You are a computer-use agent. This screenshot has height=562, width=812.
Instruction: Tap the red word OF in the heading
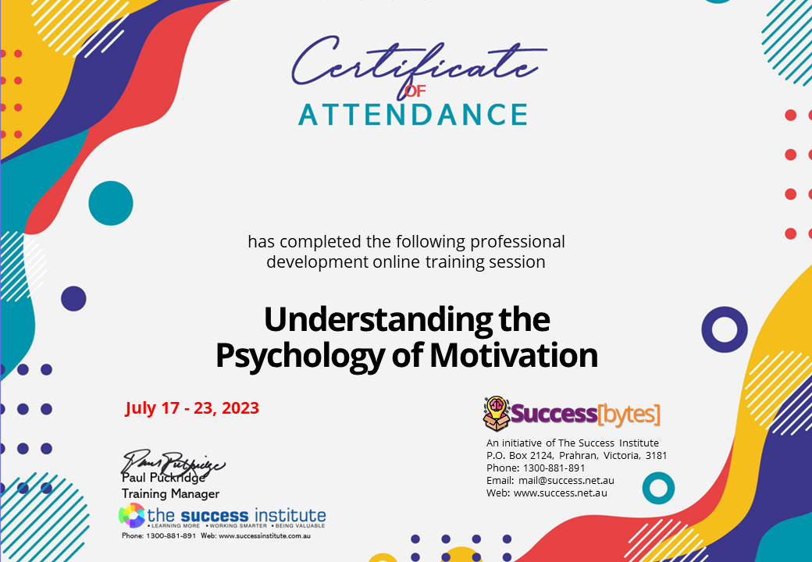pyautogui.click(x=415, y=91)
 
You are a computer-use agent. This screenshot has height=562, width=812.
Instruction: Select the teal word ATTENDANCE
pyautogui.click(x=413, y=114)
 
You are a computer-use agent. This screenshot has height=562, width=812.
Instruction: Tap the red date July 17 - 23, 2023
pyautogui.click(x=192, y=408)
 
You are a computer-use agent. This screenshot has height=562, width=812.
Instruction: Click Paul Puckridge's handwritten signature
pyautogui.click(x=173, y=464)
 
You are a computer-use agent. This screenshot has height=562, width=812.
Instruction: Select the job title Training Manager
pyautogui.click(x=170, y=493)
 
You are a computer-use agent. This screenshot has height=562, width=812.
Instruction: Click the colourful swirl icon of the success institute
pyautogui.click(x=131, y=516)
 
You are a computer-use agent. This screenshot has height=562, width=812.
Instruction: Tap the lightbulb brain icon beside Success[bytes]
pyautogui.click(x=497, y=413)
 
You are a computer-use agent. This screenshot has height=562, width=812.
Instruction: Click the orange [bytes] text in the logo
pyautogui.click(x=628, y=414)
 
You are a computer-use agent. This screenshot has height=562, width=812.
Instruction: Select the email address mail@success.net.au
pyautogui.click(x=566, y=480)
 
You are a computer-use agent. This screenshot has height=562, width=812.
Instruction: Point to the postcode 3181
pyautogui.click(x=655, y=455)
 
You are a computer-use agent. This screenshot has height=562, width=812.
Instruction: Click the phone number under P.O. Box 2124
pyautogui.click(x=557, y=468)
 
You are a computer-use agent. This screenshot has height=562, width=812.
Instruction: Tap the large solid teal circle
pyautogui.click(x=111, y=204)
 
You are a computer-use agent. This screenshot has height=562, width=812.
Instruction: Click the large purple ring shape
pyautogui.click(x=725, y=329)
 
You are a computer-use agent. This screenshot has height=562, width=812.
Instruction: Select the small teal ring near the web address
pyautogui.click(x=658, y=488)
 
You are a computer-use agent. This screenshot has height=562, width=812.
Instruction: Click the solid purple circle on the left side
pyautogui.click(x=73, y=298)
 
